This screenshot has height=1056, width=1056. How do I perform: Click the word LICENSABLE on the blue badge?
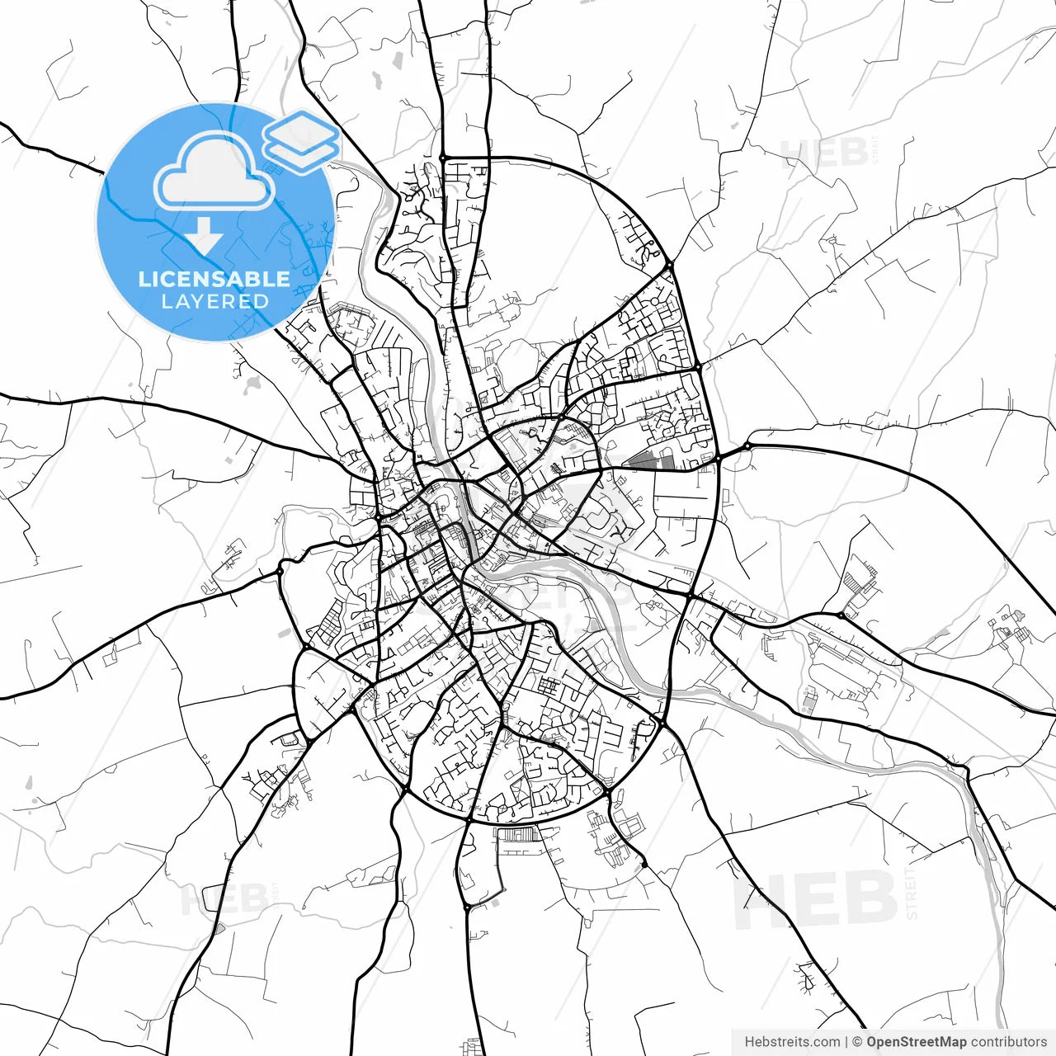[214, 279]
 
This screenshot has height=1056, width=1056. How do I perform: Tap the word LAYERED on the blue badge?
[214, 302]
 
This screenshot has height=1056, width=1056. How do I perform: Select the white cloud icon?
[214, 172]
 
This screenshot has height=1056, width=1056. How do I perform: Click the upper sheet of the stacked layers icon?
[300, 130]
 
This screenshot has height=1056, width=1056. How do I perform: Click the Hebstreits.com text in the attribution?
[792, 1042]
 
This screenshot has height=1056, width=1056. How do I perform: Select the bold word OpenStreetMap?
[917, 1042]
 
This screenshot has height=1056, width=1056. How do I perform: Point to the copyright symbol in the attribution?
[857, 1042]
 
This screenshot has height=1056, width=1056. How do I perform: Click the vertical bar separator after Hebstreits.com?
[847, 1042]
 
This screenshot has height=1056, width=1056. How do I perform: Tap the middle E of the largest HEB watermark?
[817, 899]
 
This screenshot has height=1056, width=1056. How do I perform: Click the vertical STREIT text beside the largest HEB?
[911, 893]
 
